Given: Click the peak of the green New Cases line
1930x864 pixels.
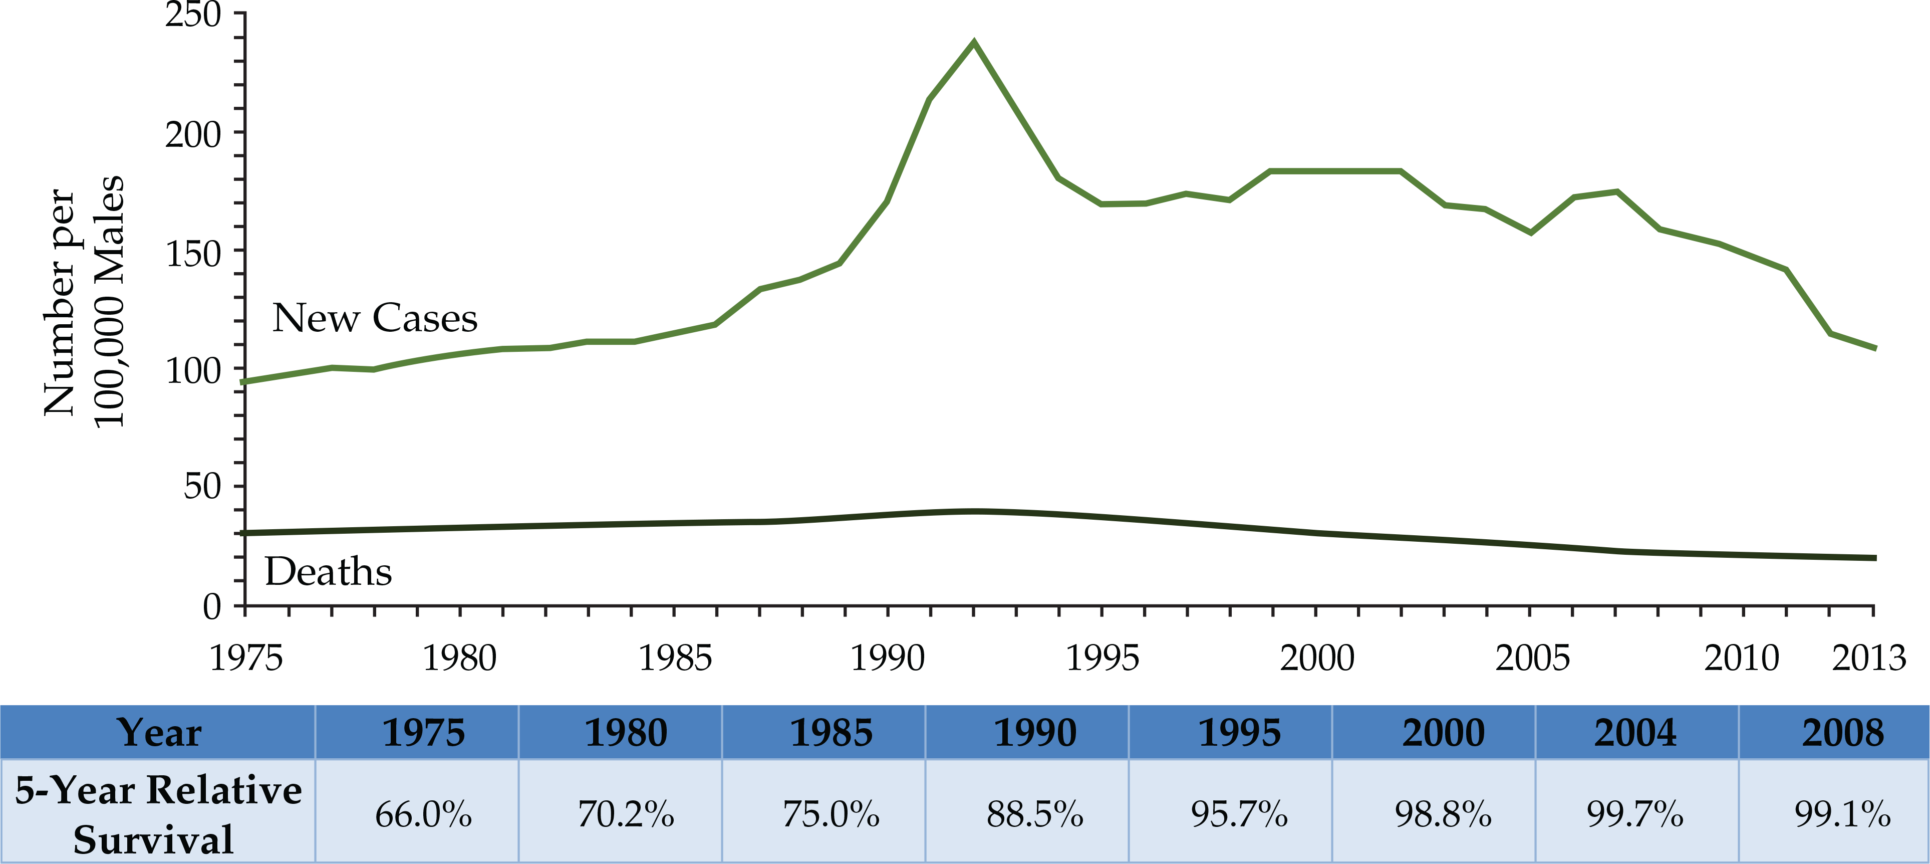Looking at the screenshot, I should click(x=973, y=43).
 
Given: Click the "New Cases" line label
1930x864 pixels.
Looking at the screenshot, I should click(x=375, y=318).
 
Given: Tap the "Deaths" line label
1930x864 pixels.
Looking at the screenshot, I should click(x=328, y=572).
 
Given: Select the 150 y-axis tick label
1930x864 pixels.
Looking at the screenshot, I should click(x=193, y=254).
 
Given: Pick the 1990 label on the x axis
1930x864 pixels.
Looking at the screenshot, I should click(x=888, y=659).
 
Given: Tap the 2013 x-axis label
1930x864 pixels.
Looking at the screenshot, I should click(x=1868, y=659).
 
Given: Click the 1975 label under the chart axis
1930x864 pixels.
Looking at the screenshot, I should click(x=246, y=659).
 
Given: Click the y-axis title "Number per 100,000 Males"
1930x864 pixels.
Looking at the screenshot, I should click(x=83, y=300).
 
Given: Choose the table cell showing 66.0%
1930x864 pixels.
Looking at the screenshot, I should click(x=423, y=814).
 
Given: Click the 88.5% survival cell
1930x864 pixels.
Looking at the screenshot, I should click(x=1035, y=814).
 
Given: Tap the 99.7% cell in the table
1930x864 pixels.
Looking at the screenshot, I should click(x=1635, y=814).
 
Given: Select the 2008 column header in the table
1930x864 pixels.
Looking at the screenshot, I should click(x=1842, y=733).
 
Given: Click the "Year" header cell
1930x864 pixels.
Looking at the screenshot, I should click(x=159, y=733).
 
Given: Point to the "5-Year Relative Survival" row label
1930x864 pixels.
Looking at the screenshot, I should click(x=157, y=814).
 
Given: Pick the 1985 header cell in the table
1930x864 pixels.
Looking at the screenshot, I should click(x=831, y=733).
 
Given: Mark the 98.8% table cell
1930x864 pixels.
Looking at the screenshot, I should click(x=1443, y=814).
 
